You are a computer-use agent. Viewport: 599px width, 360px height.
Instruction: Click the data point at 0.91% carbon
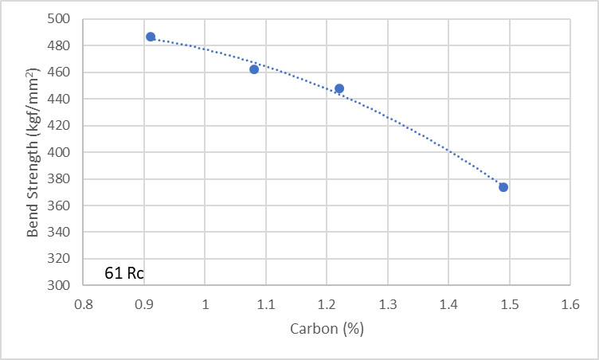click(151, 37)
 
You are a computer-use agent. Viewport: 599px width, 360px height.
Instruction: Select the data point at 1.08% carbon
click(254, 69)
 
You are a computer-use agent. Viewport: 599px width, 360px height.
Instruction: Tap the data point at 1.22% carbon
click(339, 88)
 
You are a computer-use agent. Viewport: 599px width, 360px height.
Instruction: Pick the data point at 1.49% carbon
click(503, 187)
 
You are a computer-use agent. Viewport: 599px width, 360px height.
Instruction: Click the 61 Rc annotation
click(124, 273)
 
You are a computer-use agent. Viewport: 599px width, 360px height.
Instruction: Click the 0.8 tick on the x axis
click(84, 303)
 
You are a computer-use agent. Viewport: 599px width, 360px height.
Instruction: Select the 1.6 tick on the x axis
click(570, 303)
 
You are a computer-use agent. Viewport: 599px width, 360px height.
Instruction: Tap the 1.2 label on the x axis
click(327, 303)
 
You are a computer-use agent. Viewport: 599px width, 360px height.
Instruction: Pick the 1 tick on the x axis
click(206, 303)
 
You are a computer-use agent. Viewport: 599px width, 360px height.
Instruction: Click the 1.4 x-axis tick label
click(448, 303)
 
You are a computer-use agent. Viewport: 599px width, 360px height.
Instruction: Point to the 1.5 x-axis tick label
click(509, 303)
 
